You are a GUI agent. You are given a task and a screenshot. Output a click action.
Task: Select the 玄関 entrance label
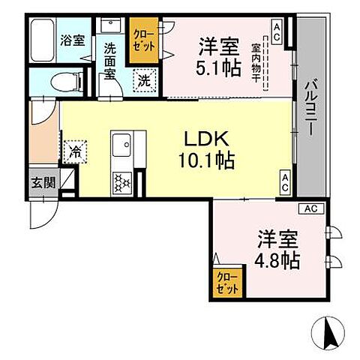[x=41, y=181]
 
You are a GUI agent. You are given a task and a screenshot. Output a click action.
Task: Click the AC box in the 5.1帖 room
[x=277, y=32]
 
